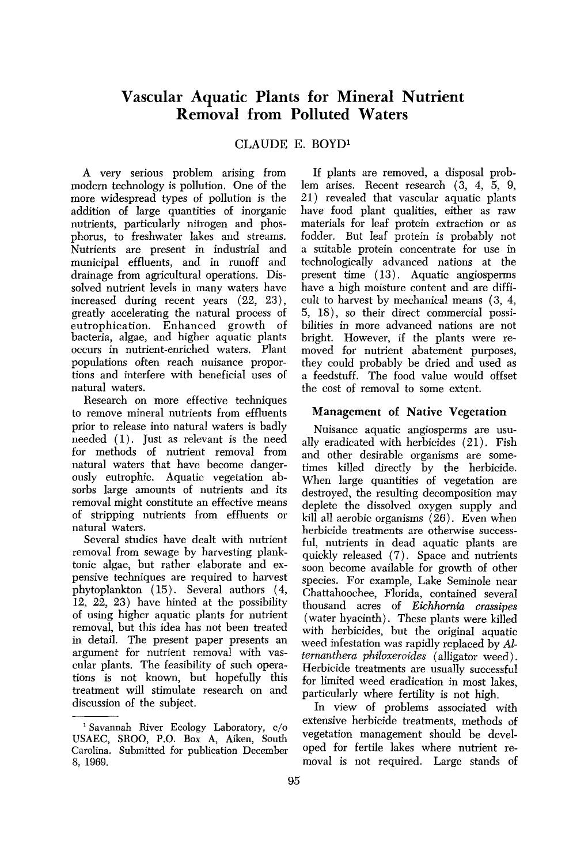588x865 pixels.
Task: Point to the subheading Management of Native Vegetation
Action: pos(409,412)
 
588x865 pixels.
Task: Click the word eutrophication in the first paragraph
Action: pos(109,325)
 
